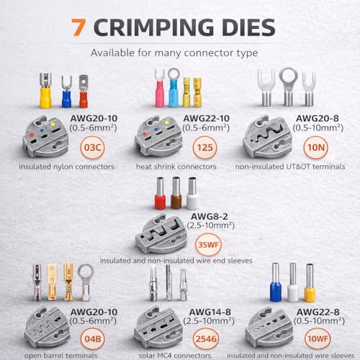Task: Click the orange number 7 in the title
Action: click(78, 27)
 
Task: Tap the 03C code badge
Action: click(93, 148)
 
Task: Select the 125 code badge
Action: click(205, 148)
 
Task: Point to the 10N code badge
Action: click(316, 148)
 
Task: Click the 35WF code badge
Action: click(208, 245)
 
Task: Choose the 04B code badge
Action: click(93, 339)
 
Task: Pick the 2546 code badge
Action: click(206, 339)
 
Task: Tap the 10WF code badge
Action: click(318, 339)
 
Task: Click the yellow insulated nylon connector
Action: click(45, 91)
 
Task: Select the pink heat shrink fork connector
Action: click(160, 88)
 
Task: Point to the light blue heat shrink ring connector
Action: click(173, 87)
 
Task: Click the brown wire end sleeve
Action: click(176, 193)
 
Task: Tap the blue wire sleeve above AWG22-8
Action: click(276, 282)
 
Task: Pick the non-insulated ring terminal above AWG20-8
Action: click(289, 87)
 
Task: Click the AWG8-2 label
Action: click(210, 217)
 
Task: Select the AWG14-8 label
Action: click(210, 312)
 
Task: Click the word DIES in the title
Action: click(248, 27)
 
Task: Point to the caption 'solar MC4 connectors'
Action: click(175, 356)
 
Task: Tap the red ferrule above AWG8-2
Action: click(160, 193)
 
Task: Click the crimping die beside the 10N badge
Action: click(267, 137)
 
